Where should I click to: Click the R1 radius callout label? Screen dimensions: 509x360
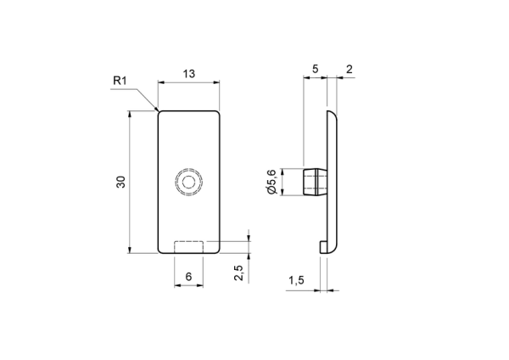point(120,81)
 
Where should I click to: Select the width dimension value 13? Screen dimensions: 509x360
point(189,74)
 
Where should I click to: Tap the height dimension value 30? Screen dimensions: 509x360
point(120,182)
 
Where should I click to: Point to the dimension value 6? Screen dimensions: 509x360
point(188,277)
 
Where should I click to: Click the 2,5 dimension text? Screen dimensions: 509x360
point(238,273)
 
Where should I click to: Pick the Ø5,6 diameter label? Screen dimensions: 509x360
point(271,182)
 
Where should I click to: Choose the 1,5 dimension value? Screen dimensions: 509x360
point(297,279)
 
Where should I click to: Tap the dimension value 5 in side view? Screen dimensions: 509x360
point(316,69)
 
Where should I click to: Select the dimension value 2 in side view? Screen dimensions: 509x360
point(350,69)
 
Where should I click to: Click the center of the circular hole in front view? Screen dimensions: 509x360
point(188,182)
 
